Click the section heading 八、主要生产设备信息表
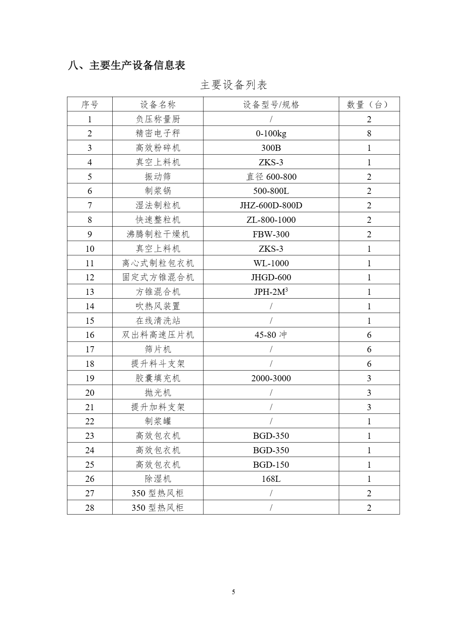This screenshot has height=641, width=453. coord(126,66)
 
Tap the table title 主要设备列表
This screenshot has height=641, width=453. coord(234,85)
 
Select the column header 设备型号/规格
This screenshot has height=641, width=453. coord(271,105)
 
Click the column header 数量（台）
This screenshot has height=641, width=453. coord(369,105)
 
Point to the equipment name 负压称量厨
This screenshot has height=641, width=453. coord(158,119)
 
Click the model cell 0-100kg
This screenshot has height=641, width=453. coord(271,133)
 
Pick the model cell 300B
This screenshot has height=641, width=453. coord(271,148)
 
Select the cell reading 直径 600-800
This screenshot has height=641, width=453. coord(271,177)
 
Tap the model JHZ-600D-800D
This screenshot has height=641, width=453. coord(271,206)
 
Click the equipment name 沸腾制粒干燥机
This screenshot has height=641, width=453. coord(158,234)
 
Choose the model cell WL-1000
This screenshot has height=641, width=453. coord(271,263)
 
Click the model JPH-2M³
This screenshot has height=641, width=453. coord(271,292)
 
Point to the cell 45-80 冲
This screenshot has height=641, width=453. coord(271,335)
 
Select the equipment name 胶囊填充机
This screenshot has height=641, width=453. coord(158,378)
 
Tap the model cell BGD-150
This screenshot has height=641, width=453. coord(271,465)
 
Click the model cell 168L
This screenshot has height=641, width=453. coord(271,479)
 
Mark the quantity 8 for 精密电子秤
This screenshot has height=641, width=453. coord(369,133)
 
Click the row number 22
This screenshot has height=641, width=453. coord(90,421)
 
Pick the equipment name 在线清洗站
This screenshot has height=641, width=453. coord(158,321)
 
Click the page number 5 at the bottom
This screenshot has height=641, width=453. coord(233,592)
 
